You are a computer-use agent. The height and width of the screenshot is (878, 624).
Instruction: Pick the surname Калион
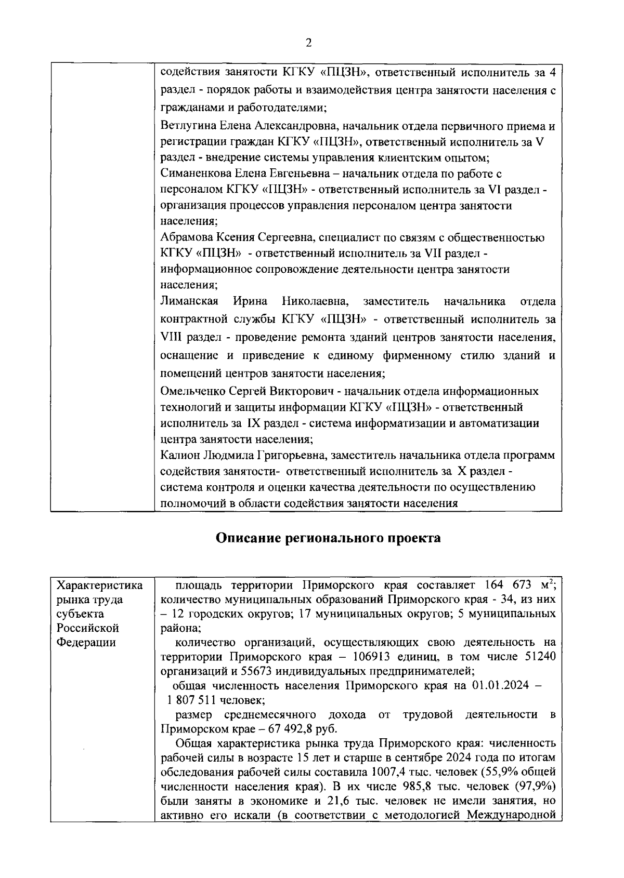pyautogui.click(x=177, y=456)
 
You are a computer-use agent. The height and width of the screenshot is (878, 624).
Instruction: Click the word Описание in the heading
pyautogui.click(x=249, y=538)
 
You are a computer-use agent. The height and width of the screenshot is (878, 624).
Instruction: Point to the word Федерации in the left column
pyautogui.click(x=86, y=643)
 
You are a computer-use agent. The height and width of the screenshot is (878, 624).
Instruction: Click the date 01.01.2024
pyautogui.click(x=500, y=686)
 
